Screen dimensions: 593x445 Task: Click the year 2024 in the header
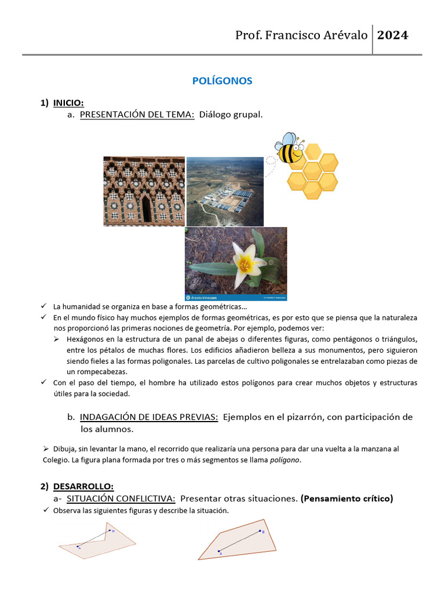(x=393, y=35)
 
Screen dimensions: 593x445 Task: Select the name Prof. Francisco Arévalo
(x=301, y=35)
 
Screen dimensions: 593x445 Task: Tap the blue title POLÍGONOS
(x=222, y=81)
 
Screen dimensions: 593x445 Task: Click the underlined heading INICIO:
(x=68, y=103)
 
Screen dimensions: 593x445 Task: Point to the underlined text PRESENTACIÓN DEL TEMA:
(x=137, y=115)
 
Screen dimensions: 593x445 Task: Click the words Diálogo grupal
(x=231, y=115)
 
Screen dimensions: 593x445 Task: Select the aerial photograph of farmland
(x=225, y=191)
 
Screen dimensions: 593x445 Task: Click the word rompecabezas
(x=97, y=372)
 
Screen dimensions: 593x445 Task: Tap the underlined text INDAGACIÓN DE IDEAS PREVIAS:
(x=148, y=417)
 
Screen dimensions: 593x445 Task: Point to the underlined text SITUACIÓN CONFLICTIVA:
(x=121, y=498)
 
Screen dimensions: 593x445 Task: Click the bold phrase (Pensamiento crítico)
(x=346, y=498)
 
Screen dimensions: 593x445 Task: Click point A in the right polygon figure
(x=218, y=551)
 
